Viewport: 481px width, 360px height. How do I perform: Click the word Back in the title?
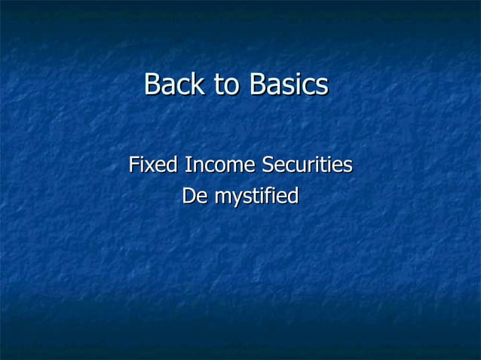tap(174, 84)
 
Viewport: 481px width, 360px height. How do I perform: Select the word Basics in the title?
tap(289, 84)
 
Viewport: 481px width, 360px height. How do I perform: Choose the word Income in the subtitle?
tap(219, 164)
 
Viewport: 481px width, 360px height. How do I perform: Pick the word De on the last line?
tap(193, 197)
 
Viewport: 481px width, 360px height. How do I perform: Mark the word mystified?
tap(256, 198)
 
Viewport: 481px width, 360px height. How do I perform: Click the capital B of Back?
tap(152, 84)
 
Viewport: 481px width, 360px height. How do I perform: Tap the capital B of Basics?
tap(258, 84)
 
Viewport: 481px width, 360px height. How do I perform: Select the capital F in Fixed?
tap(134, 164)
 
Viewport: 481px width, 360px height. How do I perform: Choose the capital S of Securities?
tap(267, 164)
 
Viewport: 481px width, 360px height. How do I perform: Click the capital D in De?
tap(188, 197)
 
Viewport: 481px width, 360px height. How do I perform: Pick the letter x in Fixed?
tap(152, 165)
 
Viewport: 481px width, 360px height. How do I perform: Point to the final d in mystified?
tap(293, 197)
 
